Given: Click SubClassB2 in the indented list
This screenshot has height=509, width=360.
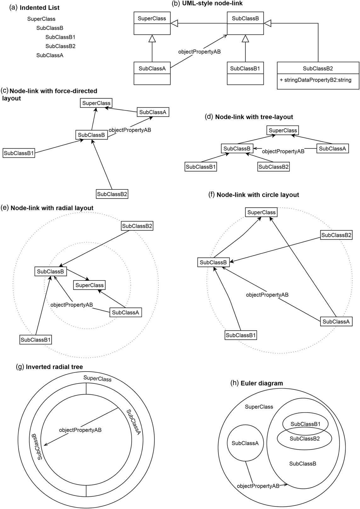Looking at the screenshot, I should tap(60, 46).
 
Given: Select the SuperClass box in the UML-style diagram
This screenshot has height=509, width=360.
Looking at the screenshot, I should tap(152, 23).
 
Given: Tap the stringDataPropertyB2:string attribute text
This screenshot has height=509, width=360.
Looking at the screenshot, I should tap(316, 80).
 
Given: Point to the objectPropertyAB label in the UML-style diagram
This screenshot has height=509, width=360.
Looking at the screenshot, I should tap(199, 52).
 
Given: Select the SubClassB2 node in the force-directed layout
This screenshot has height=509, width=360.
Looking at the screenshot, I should tap(112, 194).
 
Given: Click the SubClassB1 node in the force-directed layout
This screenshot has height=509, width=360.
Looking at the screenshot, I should tap(19, 153).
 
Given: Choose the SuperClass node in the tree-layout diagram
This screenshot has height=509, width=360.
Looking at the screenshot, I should tap(283, 130).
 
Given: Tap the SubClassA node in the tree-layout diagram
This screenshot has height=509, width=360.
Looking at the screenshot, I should tap(332, 149).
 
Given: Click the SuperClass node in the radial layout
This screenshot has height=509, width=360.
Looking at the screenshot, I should tap(89, 285).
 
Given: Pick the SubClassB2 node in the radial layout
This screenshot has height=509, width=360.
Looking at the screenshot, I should tap(137, 226).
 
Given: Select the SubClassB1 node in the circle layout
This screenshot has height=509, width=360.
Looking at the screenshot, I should tap(241, 335).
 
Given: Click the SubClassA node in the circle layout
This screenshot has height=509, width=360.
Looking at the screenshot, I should tap(336, 322).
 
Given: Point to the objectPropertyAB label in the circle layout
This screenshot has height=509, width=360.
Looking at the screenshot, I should tap(267, 295).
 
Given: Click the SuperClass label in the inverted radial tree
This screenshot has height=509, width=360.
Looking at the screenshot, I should tap(97, 379).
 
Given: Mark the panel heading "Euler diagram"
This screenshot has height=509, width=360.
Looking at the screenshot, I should tap(261, 384).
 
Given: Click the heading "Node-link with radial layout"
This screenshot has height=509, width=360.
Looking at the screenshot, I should tap(52, 208).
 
